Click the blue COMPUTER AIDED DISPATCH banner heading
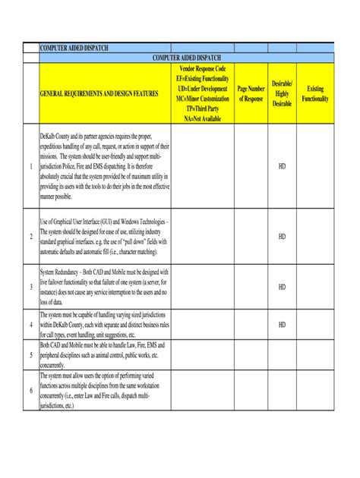click(x=187, y=58)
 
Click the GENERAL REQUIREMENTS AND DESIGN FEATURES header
click(x=99, y=93)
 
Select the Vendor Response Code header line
click(x=201, y=69)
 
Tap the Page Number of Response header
click(x=251, y=93)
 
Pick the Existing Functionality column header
click(x=315, y=93)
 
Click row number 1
click(x=30, y=165)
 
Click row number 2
click(x=30, y=237)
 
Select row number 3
click(x=30, y=287)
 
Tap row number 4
click(x=30, y=325)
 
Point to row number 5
click(x=30, y=354)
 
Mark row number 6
click(x=30, y=390)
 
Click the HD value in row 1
click(x=282, y=165)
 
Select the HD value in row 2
click(x=282, y=237)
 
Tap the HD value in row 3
click(x=282, y=287)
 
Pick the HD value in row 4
click(x=282, y=325)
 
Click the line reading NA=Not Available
click(x=201, y=118)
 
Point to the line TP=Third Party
click(x=201, y=108)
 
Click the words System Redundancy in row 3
click(x=61, y=271)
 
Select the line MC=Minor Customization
click(x=201, y=99)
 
